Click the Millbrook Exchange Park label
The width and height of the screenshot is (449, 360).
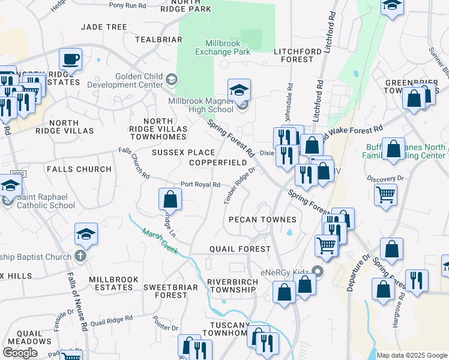[227, 47]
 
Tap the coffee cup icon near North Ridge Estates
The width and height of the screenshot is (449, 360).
[71, 59]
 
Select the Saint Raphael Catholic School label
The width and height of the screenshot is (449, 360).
[37, 201]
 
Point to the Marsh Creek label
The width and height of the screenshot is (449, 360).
[160, 241]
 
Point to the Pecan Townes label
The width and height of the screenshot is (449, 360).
[262, 220]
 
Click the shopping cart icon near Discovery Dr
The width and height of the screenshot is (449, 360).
[385, 194]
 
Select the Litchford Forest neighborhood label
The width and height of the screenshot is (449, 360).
[294, 56]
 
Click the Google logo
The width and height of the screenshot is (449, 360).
[20, 352]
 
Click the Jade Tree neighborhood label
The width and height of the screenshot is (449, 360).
[104, 27]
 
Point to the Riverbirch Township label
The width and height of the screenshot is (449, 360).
[232, 286]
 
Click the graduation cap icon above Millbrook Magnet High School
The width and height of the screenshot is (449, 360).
[239, 90]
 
